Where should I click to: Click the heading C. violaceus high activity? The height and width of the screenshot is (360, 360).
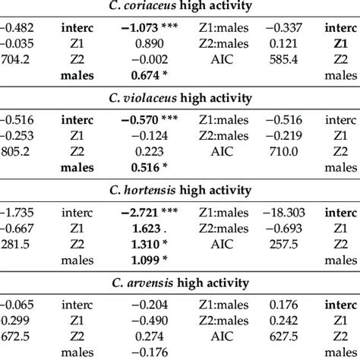tap(179, 99)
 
